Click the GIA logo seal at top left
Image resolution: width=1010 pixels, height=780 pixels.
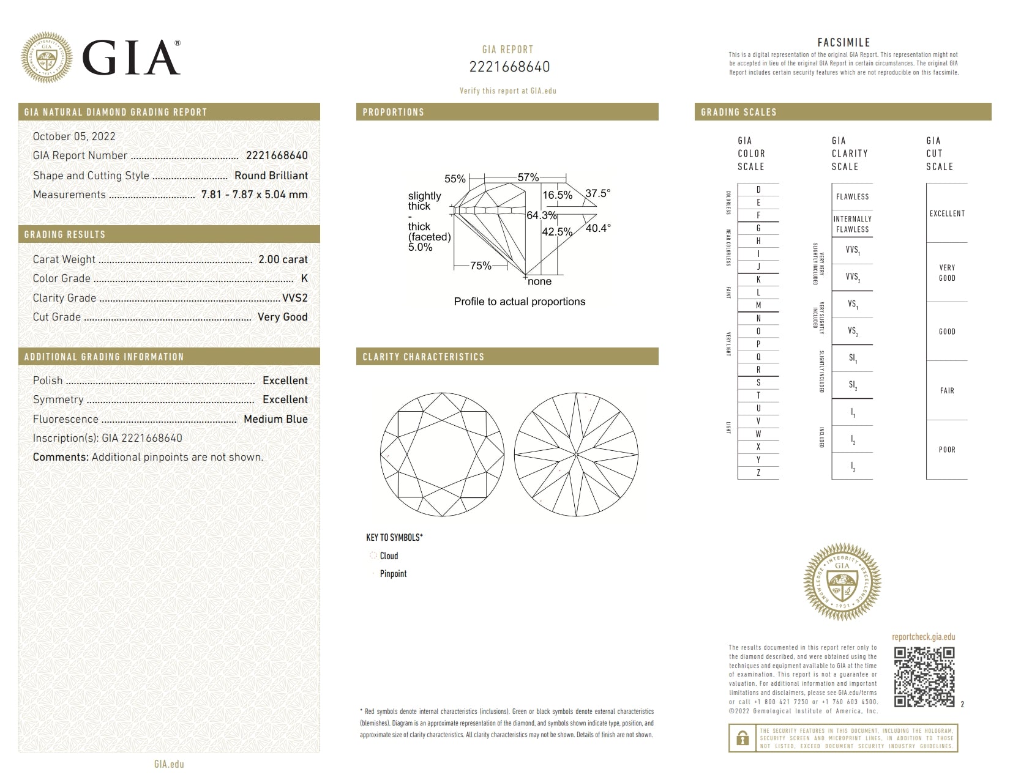(x=47, y=58)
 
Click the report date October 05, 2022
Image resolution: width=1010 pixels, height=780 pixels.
(x=74, y=136)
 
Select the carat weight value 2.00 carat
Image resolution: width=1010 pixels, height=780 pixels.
(x=283, y=259)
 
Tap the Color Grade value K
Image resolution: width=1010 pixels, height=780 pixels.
(x=304, y=278)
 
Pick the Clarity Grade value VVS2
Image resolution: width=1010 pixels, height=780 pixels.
(x=294, y=298)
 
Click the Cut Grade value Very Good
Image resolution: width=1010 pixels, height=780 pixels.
(x=282, y=317)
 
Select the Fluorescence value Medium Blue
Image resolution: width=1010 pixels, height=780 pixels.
(x=275, y=419)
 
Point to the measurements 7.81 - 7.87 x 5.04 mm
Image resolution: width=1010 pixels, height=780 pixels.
(x=254, y=195)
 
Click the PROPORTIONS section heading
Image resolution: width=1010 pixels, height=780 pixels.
(x=393, y=112)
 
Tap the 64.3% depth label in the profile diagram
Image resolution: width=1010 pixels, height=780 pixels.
(x=541, y=215)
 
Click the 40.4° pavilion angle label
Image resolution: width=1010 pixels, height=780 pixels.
(x=597, y=228)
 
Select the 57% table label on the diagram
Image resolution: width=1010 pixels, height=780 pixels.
(x=528, y=177)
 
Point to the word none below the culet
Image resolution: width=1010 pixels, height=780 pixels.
(x=539, y=281)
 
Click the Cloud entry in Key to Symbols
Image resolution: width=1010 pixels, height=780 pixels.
(x=388, y=555)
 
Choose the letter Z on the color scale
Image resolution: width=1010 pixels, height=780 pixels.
(x=758, y=473)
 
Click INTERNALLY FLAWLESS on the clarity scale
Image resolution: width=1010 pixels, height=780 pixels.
(x=852, y=224)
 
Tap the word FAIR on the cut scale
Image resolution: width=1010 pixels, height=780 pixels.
(x=946, y=390)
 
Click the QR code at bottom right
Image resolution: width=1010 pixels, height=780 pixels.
(x=924, y=677)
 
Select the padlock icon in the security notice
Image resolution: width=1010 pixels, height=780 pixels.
(x=743, y=738)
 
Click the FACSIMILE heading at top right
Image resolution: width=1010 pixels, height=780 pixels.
(x=844, y=42)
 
